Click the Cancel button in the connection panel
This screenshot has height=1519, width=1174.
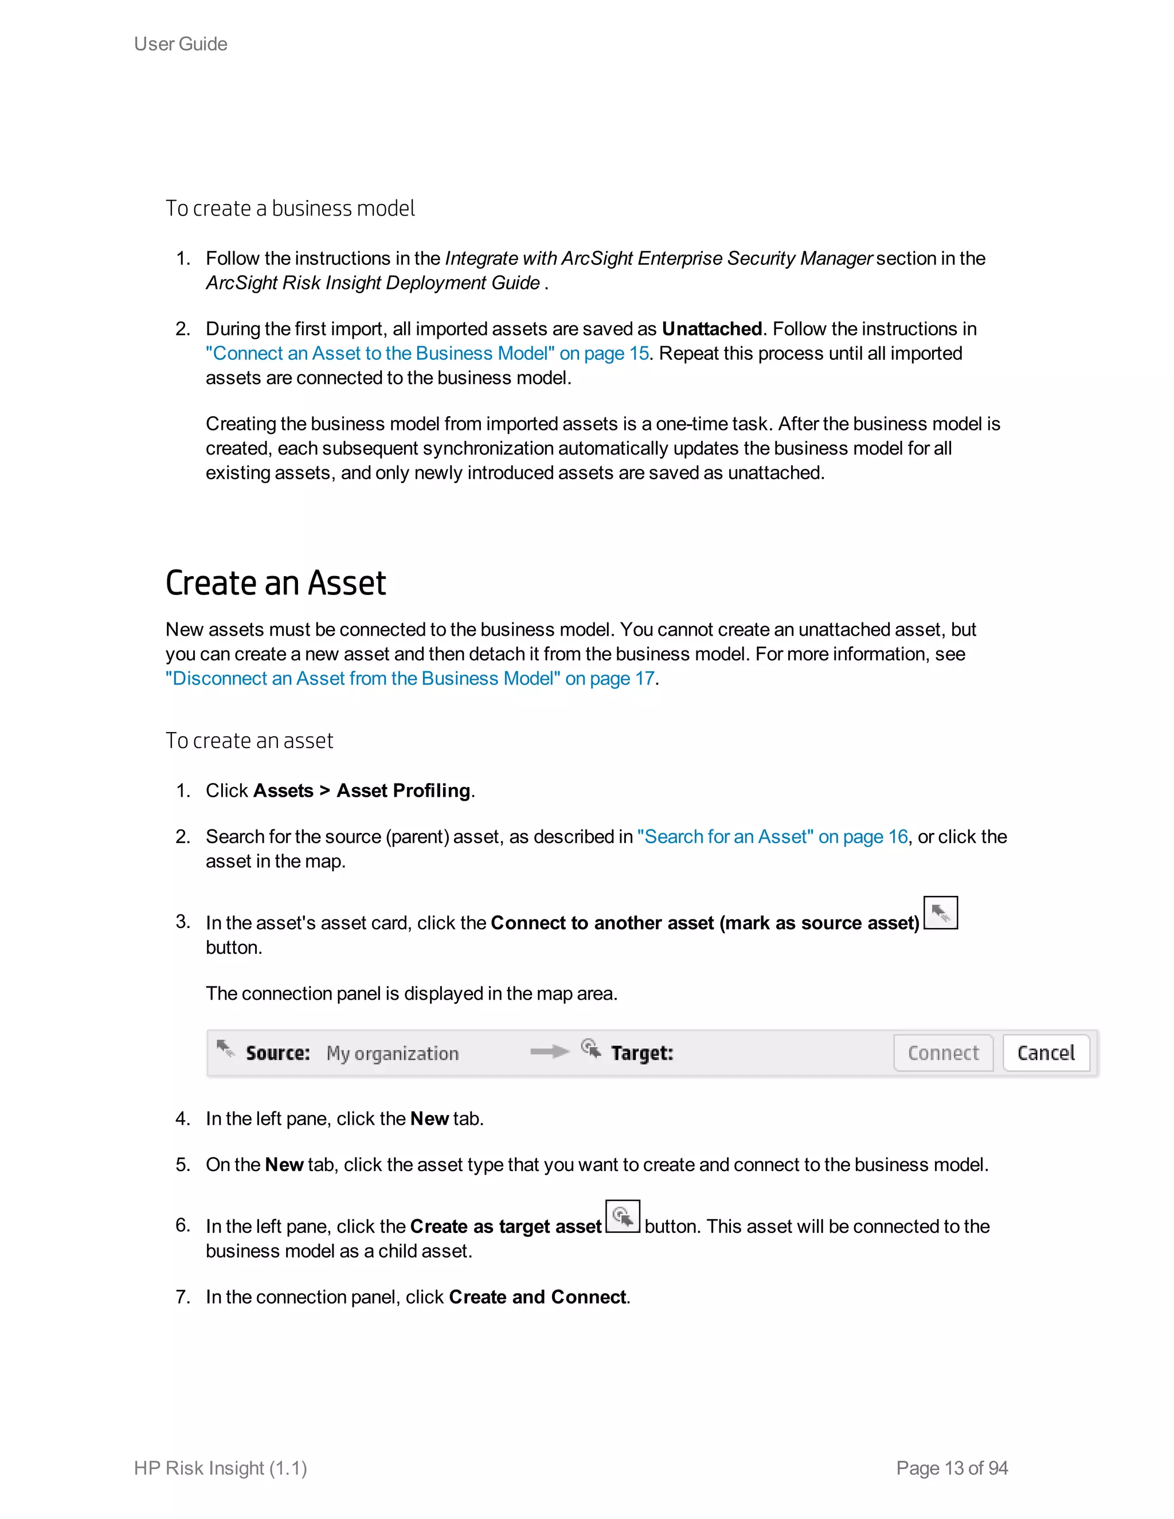1046,1053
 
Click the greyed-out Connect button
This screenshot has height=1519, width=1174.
943,1053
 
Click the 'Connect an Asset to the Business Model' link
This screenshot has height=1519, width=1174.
427,353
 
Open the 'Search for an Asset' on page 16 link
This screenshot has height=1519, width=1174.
772,837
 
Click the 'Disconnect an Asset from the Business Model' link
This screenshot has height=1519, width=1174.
410,678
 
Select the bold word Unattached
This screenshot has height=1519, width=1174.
711,329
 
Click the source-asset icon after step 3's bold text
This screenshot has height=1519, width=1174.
940,913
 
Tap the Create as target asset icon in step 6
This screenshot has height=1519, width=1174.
623,1216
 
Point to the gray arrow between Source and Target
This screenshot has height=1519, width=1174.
549,1052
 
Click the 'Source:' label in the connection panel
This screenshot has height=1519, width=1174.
277,1053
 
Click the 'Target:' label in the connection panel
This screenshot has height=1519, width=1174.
642,1053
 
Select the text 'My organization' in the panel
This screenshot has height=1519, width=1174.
392,1054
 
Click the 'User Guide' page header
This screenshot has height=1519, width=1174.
181,44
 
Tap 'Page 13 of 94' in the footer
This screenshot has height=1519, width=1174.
952,1467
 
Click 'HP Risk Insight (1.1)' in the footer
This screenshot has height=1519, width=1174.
221,1467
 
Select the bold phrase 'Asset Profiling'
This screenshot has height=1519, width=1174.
404,791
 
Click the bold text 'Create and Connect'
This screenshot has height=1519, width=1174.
538,1297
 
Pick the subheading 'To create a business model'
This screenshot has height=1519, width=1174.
290,209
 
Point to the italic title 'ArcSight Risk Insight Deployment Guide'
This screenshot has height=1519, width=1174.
373,283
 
